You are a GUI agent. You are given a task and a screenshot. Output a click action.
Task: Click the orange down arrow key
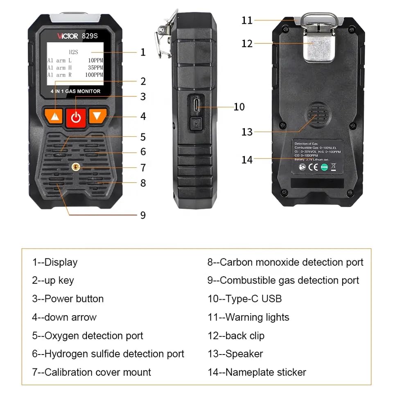point(97,116)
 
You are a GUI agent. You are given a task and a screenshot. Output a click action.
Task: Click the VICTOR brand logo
point(67,36)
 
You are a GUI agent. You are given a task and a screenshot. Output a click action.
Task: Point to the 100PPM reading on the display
point(94,75)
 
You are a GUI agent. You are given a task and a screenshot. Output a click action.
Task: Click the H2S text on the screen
point(73,52)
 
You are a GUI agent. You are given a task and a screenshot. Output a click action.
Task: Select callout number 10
point(239,107)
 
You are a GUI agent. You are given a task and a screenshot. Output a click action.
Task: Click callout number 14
point(247,160)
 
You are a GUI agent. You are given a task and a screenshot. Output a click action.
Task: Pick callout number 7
point(143,167)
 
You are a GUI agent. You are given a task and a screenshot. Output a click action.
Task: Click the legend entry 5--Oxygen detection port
point(88,336)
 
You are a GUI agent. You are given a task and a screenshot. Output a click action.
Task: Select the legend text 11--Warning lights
point(248,317)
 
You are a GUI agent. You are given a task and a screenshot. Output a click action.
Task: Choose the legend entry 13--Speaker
point(235,354)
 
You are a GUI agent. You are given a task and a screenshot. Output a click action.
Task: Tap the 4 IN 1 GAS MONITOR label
point(75,91)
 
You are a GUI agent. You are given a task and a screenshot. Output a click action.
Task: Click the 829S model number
point(90,36)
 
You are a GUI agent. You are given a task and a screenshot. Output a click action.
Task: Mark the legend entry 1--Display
point(55,262)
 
